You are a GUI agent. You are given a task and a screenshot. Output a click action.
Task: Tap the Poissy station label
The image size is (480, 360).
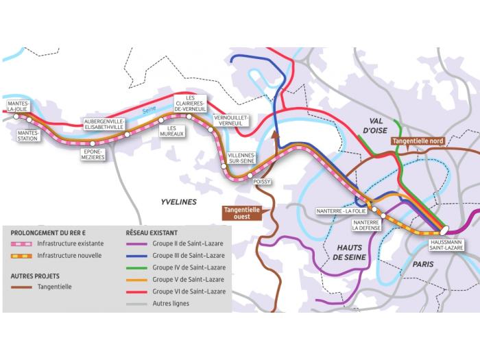(x=263, y=182)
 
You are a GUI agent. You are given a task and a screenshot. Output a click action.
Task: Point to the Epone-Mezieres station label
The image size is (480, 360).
(x=93, y=154)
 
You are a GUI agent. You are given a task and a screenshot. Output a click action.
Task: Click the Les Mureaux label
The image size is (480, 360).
(x=176, y=131)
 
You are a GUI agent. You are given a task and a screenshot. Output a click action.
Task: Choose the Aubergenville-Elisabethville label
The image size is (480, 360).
(x=104, y=123)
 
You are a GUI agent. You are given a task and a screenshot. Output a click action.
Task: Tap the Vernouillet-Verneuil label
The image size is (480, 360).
(x=232, y=120)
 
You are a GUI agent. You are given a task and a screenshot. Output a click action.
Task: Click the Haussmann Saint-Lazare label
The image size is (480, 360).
(x=445, y=245)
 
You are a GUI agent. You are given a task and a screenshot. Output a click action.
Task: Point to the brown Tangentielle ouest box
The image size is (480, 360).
(x=238, y=213)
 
